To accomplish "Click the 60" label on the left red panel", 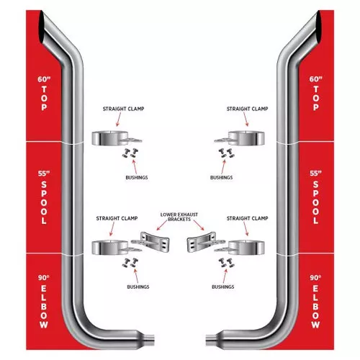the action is point(44,79).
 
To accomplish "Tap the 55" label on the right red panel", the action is point(315,174).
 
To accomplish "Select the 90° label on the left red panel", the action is point(43,278).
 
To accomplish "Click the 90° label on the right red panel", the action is point(315,278).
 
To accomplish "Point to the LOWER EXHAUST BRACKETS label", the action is point(179,217).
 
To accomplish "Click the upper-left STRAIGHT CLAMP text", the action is point(123,109).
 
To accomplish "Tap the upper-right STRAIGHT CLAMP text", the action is point(247,109).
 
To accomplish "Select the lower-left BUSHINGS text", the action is point(138,287).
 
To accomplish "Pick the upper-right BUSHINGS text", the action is point(221,178).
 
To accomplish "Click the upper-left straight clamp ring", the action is point(109,138).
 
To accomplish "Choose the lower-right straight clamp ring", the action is point(246,248).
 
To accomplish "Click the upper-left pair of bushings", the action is point(130,153).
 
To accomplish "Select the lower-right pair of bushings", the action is point(226,263).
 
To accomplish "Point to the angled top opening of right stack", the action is point(318,27).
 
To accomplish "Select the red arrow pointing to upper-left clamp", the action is point(119,120).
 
